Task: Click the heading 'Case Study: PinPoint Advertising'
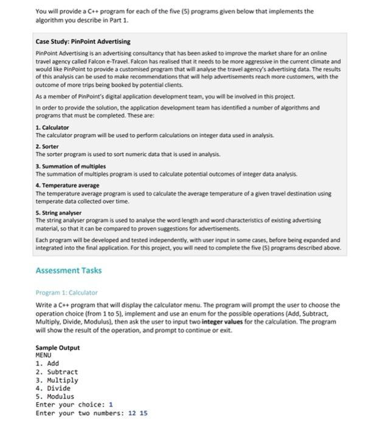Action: [x=83, y=41]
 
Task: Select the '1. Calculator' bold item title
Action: [x=55, y=127]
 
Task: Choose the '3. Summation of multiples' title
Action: [x=71, y=166]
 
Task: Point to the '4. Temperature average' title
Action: [x=67, y=185]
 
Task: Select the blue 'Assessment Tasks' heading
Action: [x=67, y=270]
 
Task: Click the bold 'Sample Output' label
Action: [x=58, y=347]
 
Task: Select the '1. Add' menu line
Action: [x=48, y=363]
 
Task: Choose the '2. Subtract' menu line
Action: [x=57, y=371]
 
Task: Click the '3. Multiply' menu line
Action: [x=57, y=380]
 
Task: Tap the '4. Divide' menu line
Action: [x=54, y=388]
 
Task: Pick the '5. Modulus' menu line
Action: [x=55, y=396]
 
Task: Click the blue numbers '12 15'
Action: [x=138, y=413]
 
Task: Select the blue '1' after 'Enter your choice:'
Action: [x=111, y=404]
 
